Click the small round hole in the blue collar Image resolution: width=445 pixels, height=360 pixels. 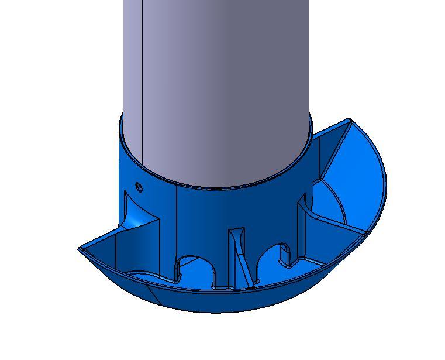pos(139,187)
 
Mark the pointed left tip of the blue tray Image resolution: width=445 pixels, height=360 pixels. pos(80,249)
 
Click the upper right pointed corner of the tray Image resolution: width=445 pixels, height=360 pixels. pos(350,121)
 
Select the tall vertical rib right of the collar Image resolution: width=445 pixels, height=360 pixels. pos(302,228)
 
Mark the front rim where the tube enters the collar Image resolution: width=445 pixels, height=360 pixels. pos(216,186)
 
